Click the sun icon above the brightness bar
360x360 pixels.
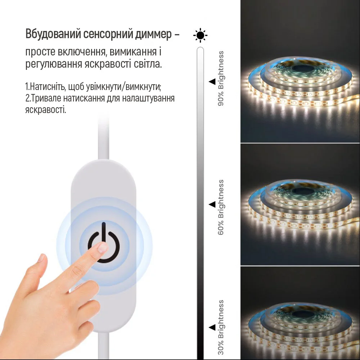(x=201, y=35)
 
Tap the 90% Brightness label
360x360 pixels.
(x=221, y=78)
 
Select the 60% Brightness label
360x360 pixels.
(x=221, y=207)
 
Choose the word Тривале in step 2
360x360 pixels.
(x=45, y=98)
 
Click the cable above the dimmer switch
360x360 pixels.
(x=103, y=140)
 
